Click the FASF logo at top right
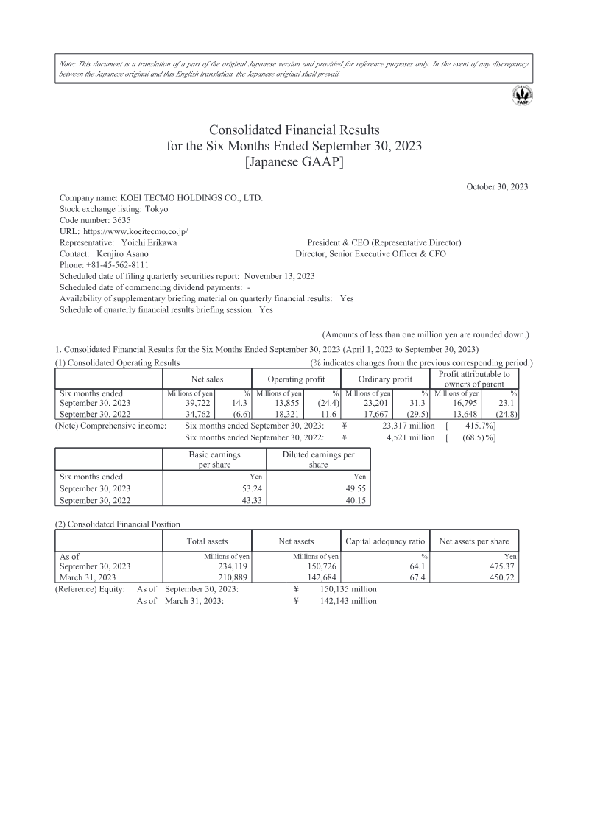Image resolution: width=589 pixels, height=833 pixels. (524, 96)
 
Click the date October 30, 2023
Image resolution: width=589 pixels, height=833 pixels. (497, 187)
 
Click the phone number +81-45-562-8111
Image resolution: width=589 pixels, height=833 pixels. (113, 264)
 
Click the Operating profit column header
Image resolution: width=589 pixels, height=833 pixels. (295, 379)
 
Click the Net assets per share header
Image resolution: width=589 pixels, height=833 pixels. (473, 541)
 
